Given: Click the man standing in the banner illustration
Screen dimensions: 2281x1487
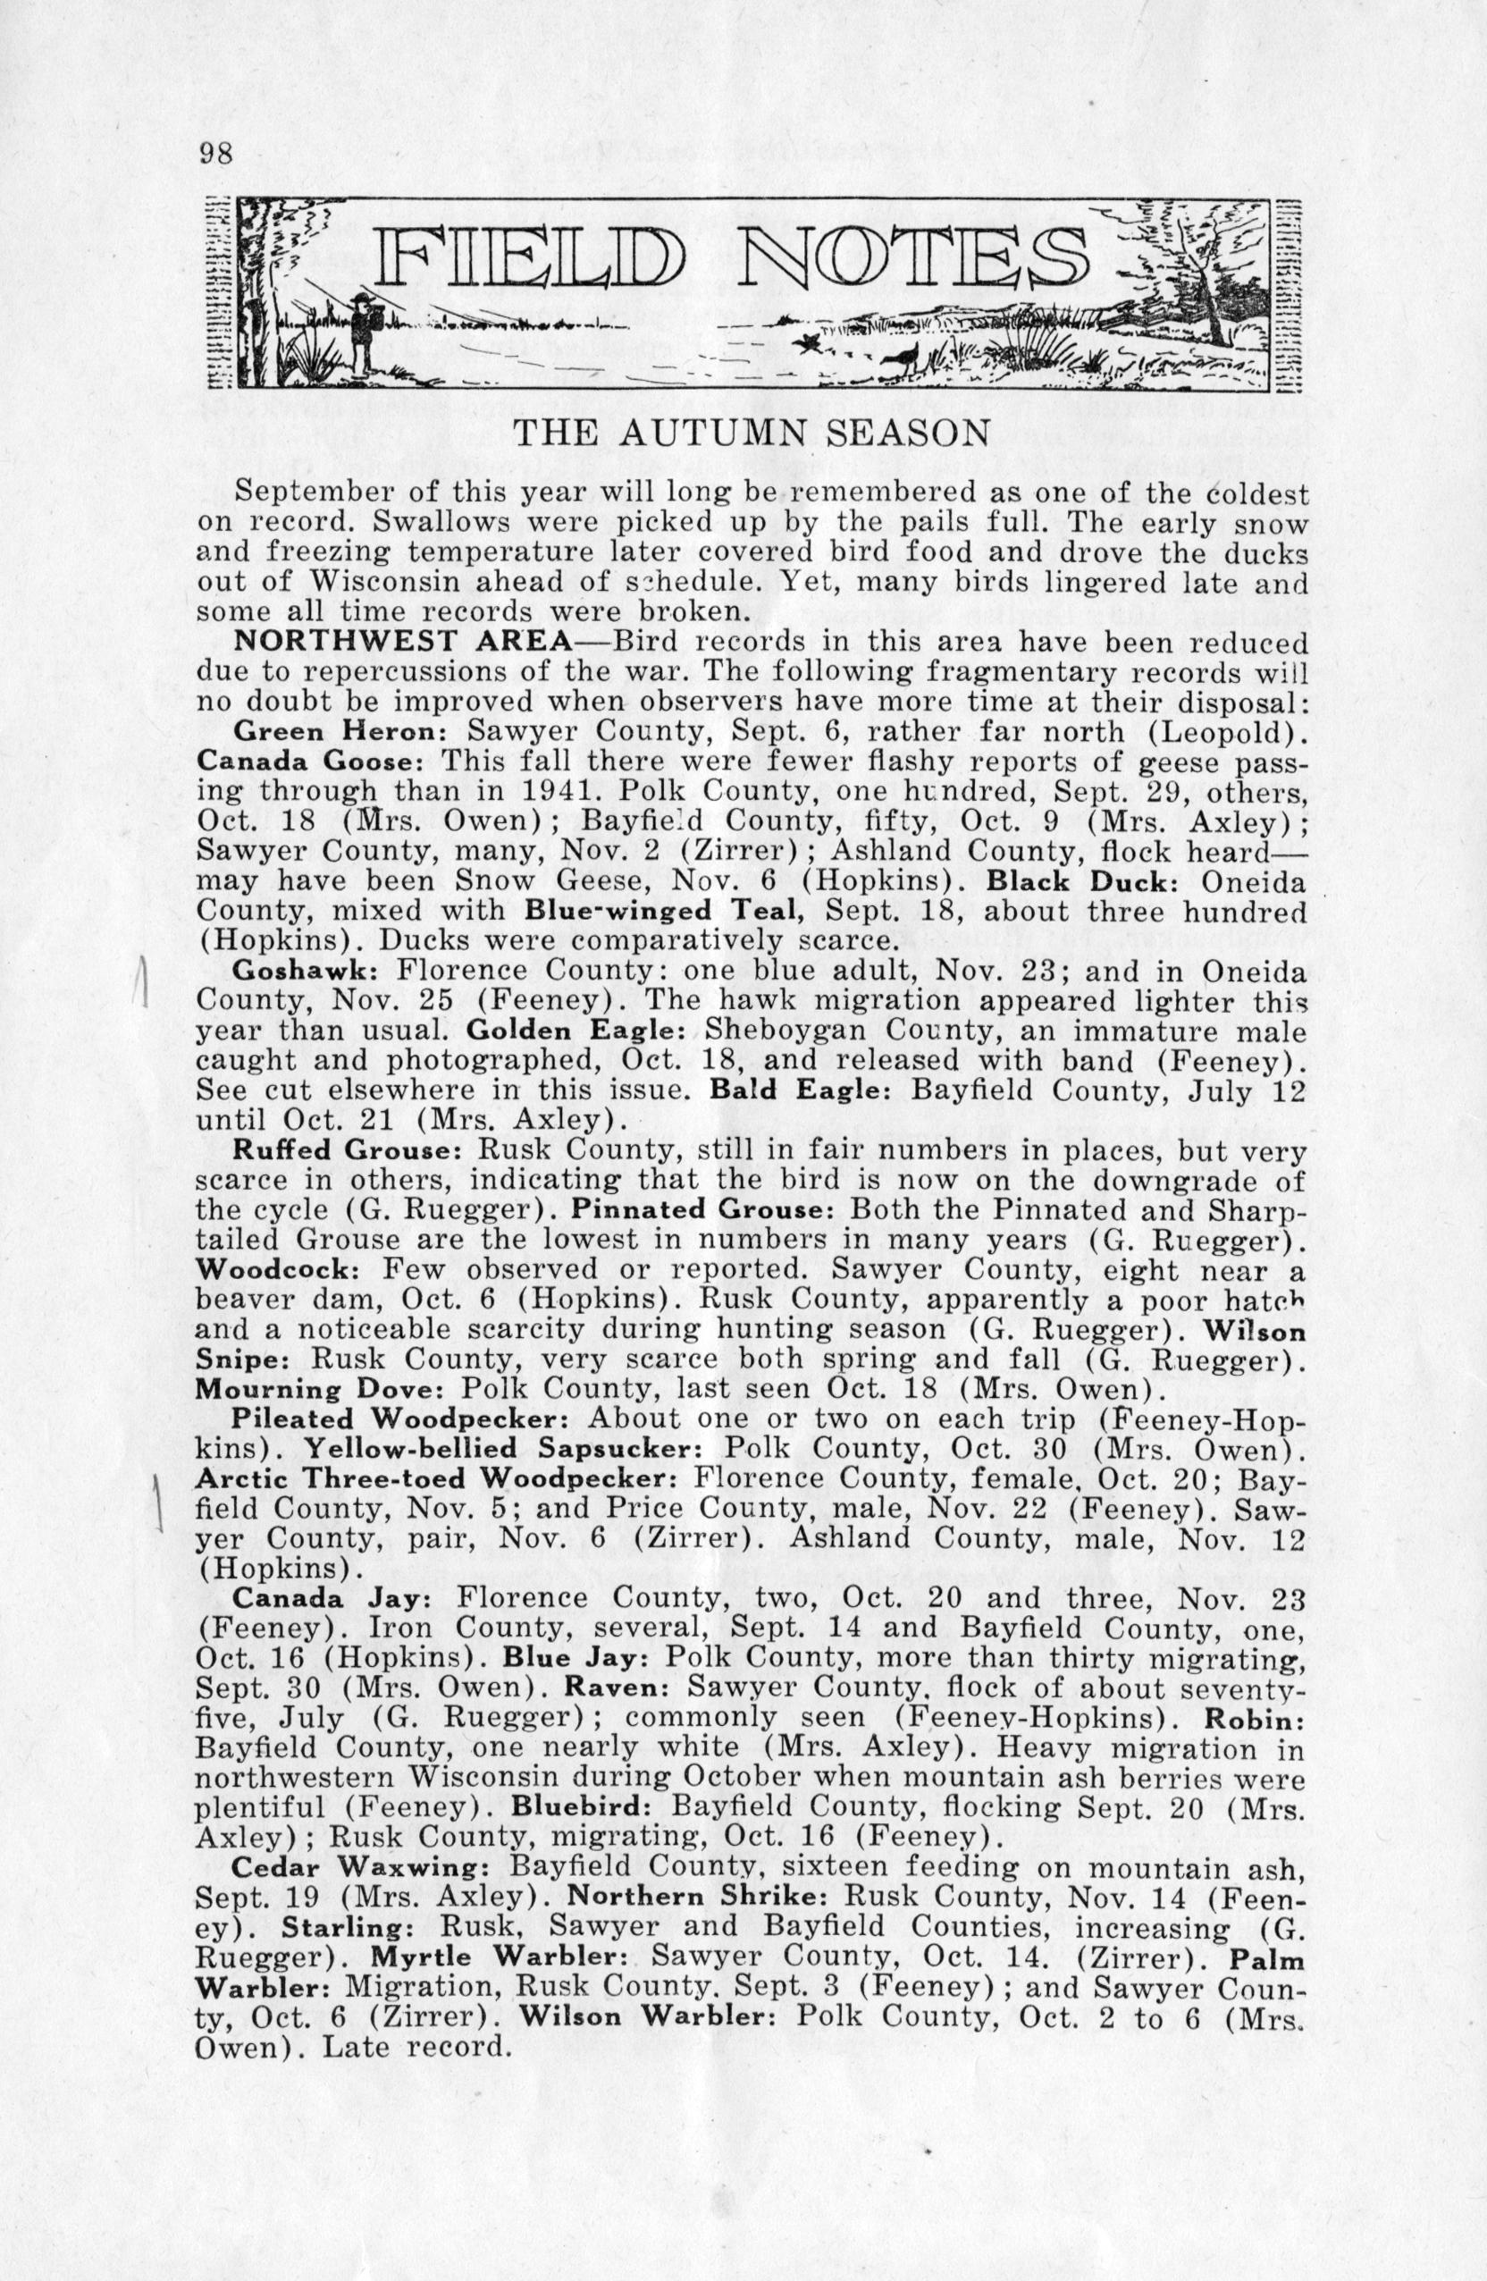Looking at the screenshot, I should click(x=361, y=332).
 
